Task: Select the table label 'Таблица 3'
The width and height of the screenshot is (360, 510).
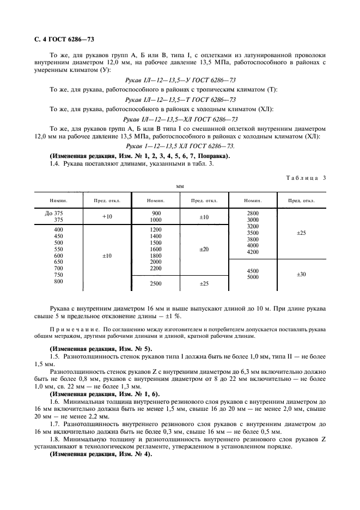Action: (306, 178)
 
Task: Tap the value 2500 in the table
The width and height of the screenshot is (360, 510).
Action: (156, 284)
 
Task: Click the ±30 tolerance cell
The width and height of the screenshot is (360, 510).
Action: (301, 275)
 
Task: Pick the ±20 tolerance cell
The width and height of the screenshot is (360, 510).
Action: (204, 249)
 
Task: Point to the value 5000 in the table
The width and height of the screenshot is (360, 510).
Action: (253, 278)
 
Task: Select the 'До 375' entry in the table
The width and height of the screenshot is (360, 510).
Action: (53, 213)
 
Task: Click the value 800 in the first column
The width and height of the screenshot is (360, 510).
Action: (58, 282)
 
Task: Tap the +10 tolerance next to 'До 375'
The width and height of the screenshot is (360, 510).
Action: (106, 217)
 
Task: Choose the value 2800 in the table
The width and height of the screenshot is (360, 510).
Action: (253, 213)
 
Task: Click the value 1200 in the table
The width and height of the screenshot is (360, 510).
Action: (156, 230)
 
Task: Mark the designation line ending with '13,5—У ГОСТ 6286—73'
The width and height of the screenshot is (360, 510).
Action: (180, 81)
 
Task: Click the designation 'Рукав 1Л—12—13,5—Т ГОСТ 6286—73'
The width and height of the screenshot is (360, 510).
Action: (180, 100)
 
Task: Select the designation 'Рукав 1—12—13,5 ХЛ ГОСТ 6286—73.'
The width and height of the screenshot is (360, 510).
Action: (180, 147)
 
